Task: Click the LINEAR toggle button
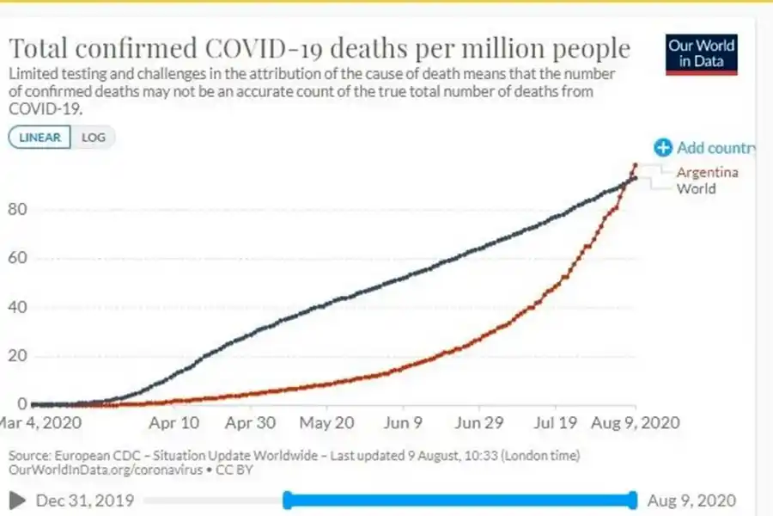click(40, 138)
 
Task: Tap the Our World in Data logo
click(702, 54)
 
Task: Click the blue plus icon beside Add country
click(662, 148)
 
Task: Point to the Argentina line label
click(707, 172)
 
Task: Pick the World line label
click(696, 188)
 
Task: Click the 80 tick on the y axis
click(17, 210)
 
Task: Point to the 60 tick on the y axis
click(17, 258)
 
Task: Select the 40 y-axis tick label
click(17, 307)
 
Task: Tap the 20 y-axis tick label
click(17, 356)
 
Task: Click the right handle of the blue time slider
click(633, 500)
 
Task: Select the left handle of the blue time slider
click(288, 500)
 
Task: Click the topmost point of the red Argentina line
click(635, 164)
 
